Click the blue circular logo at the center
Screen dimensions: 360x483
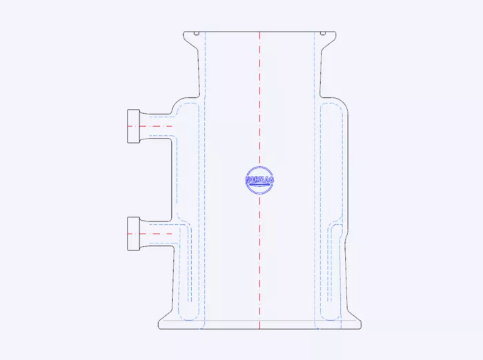tap(259, 180)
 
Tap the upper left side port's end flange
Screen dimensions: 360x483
tap(134, 126)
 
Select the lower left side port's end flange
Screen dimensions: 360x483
tap(134, 233)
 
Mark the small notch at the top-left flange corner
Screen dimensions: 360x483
tap(197, 33)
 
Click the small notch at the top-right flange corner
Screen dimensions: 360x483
tap(322, 33)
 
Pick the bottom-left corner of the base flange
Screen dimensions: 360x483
tap(159, 328)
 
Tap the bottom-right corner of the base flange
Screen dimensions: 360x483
tap(361, 328)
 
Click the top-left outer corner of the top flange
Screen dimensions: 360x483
tap(183, 32)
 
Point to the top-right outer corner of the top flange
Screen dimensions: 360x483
tap(337, 32)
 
